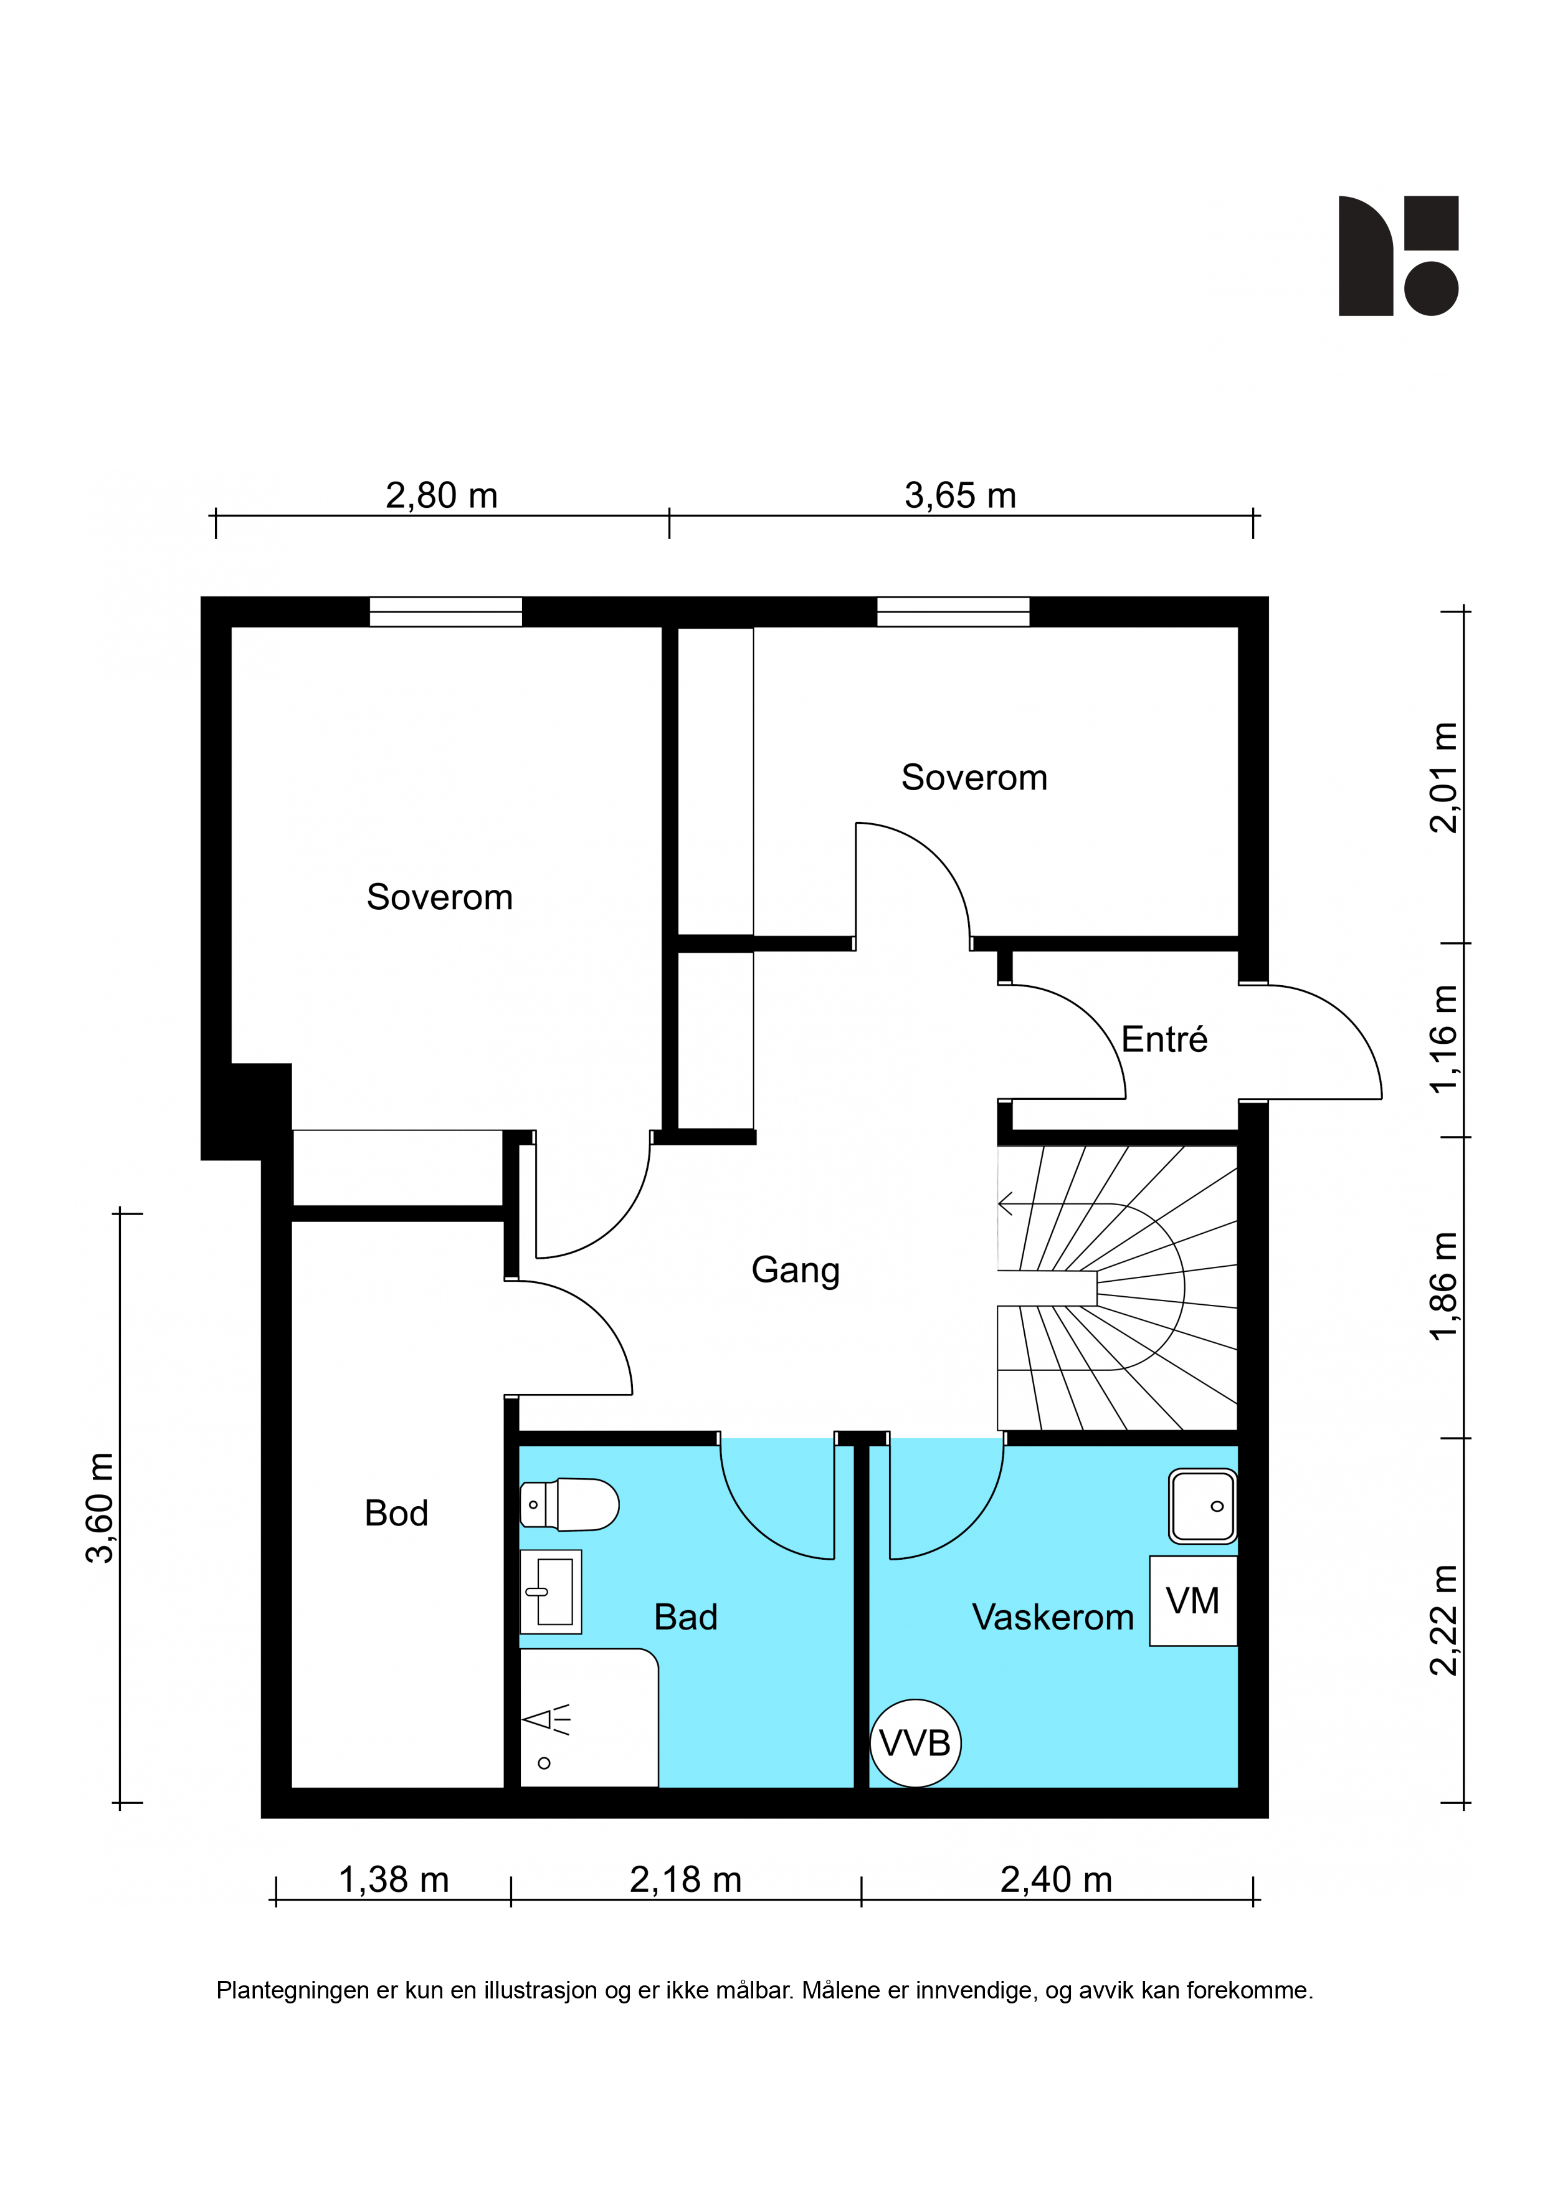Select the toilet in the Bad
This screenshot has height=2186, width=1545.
pyautogui.click(x=569, y=1504)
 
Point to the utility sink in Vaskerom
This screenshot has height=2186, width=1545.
pyautogui.click(x=1203, y=1506)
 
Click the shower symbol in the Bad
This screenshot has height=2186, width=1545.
pyautogui.click(x=546, y=1721)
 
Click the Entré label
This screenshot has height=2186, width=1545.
pyautogui.click(x=1164, y=1039)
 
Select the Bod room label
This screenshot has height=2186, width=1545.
pyautogui.click(x=396, y=1513)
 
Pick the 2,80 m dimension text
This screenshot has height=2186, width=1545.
pyautogui.click(x=442, y=495)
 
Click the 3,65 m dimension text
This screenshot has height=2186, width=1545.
pyautogui.click(x=961, y=495)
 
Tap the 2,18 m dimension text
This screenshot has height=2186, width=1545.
pyautogui.click(x=685, y=1879)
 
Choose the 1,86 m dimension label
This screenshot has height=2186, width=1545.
pyautogui.click(x=1443, y=1286)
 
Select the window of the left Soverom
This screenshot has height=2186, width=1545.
pyautogui.click(x=445, y=611)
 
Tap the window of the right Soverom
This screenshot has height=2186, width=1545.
pyautogui.click(x=953, y=611)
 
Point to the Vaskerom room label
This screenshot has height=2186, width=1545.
pyautogui.click(x=1053, y=1616)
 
